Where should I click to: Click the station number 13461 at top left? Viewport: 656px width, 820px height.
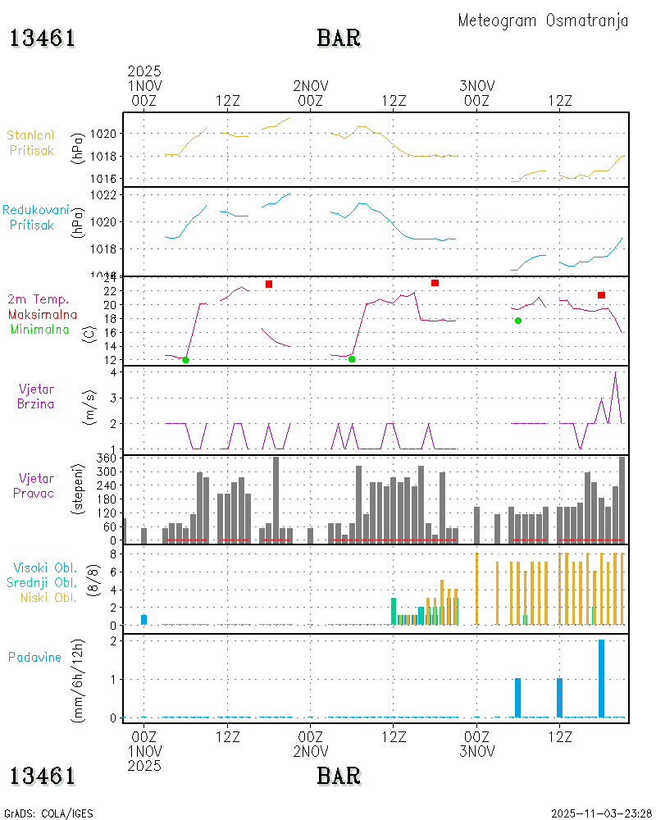[43, 38]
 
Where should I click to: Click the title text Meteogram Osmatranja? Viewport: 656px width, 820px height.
[543, 21]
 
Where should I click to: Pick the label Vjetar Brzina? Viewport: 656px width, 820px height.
[37, 396]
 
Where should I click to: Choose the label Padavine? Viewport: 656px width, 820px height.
[34, 657]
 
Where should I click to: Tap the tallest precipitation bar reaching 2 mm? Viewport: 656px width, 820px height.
[601, 679]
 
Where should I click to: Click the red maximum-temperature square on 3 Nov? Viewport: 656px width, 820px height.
[601, 295]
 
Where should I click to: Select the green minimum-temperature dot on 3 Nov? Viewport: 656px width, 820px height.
[518, 321]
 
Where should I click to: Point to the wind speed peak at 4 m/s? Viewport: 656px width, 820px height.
[615, 373]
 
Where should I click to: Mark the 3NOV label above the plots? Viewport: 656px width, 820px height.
[476, 85]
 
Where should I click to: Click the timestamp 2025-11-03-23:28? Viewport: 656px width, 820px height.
[602, 813]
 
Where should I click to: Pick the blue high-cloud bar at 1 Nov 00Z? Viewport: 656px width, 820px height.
[143, 620]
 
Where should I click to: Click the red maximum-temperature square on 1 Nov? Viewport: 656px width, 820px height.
[269, 285]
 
